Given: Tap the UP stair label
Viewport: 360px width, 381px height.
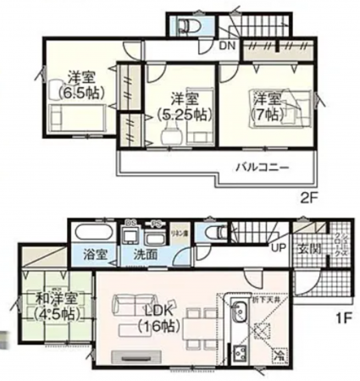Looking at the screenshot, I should tap(279, 248).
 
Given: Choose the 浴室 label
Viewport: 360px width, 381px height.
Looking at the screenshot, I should tap(95, 254).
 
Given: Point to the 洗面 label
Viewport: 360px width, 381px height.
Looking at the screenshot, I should tap(141, 254).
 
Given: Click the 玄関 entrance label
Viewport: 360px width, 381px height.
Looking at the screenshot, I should tap(305, 247).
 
